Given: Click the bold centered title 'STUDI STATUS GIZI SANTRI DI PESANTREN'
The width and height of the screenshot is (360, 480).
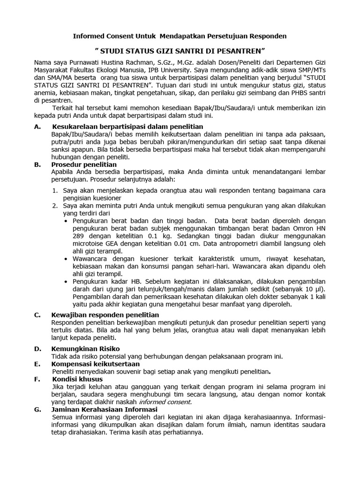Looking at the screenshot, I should pos(180,50).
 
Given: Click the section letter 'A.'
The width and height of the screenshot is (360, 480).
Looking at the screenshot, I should pos(38,127).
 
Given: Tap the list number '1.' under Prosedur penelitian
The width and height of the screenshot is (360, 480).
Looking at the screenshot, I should pos(55,190).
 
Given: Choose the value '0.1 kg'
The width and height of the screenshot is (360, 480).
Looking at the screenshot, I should pos(157,237).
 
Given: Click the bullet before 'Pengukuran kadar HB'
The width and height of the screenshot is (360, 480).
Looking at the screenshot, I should pos(65,281).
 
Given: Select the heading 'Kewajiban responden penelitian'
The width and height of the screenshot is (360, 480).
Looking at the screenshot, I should pos(105,315).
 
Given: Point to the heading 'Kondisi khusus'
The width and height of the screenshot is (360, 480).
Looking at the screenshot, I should pos(77,379).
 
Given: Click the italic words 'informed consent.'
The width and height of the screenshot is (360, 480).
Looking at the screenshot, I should pos(165,402).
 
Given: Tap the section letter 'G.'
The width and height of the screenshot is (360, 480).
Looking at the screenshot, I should pos(38,409).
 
